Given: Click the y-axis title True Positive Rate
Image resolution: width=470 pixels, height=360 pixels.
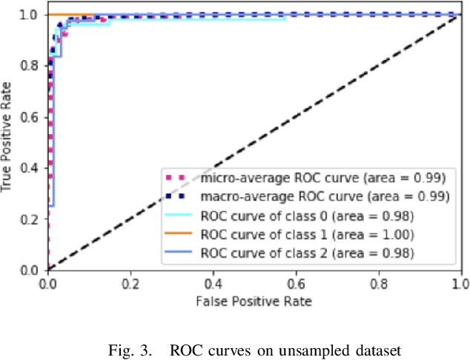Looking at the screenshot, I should click(8, 141).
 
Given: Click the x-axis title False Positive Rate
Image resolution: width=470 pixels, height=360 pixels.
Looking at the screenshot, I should click(254, 301).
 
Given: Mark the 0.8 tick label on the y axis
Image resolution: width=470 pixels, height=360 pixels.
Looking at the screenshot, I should click(33, 66).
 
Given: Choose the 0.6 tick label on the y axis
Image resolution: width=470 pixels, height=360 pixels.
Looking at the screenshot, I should click(33, 117).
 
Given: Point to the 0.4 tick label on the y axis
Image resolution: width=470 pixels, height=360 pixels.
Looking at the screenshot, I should click(33, 168).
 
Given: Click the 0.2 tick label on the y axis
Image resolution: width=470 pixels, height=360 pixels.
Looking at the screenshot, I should click(33, 219).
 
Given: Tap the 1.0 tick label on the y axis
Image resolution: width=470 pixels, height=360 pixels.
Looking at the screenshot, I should click(33, 15).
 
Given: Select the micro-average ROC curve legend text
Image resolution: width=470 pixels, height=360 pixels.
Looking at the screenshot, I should click(323, 178).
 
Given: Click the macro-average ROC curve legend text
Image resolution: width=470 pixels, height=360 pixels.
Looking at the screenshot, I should click(325, 197).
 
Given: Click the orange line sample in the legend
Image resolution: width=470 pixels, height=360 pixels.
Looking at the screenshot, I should click(178, 236).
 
